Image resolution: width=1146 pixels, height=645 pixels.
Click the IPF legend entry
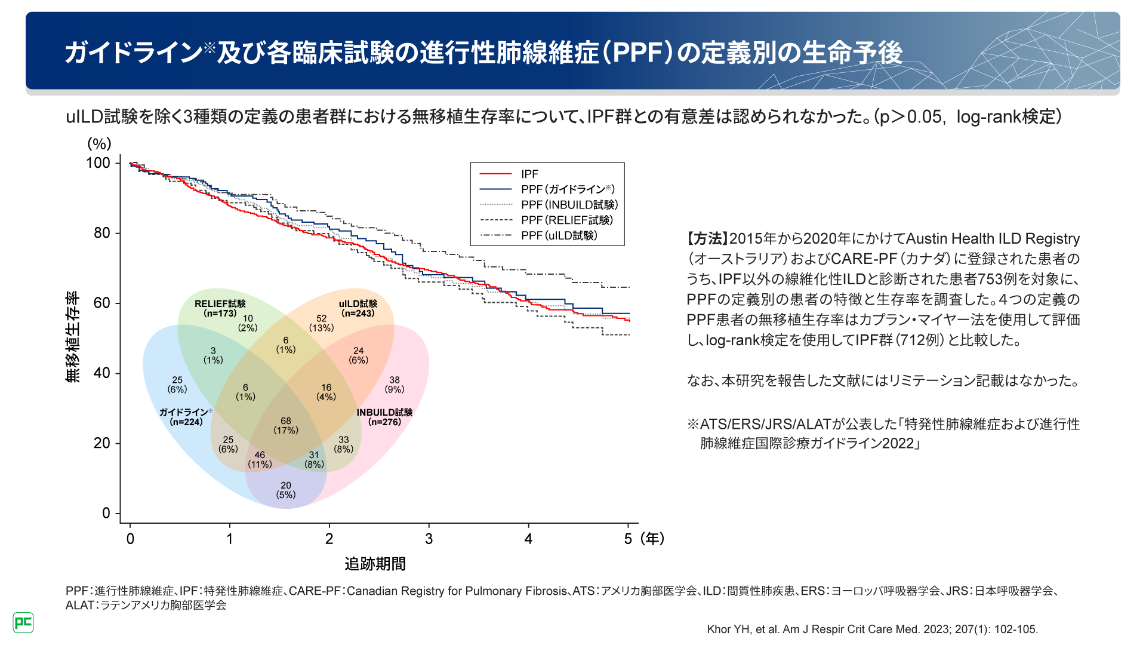pyautogui.click(x=529, y=174)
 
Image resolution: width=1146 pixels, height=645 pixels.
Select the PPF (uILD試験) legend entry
pyautogui.click(x=559, y=236)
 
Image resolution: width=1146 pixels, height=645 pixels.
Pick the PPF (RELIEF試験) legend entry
pyautogui.click(x=566, y=220)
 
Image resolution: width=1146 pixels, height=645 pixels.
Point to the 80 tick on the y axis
pyautogui.click(x=102, y=233)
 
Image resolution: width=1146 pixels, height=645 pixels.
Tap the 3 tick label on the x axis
pyautogui.click(x=429, y=539)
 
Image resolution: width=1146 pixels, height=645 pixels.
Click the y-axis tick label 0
pyautogui.click(x=106, y=513)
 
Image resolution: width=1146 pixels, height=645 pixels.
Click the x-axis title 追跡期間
pyautogui.click(x=375, y=564)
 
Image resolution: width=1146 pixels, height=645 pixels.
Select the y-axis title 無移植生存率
pyautogui.click(x=72, y=337)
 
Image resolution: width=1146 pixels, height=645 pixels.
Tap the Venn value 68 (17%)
pyautogui.click(x=286, y=425)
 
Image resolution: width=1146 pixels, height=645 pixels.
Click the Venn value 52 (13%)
pyautogui.click(x=321, y=323)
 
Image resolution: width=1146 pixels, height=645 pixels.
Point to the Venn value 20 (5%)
pyautogui.click(x=286, y=490)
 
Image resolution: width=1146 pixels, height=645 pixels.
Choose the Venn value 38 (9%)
pyautogui.click(x=395, y=384)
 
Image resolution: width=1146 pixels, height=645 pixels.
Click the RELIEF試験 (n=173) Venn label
pyautogui.click(x=220, y=308)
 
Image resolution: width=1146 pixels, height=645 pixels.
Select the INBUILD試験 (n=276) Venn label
pyautogui.click(x=384, y=417)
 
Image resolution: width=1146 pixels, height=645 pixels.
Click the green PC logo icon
pyautogui.click(x=23, y=622)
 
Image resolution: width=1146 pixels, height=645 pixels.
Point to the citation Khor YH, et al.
pyautogui.click(x=872, y=629)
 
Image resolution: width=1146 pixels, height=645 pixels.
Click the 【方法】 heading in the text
pyautogui.click(x=707, y=239)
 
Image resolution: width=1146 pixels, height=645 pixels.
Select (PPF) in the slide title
pyautogui.click(x=636, y=53)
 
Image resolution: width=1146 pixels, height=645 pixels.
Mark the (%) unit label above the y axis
pyautogui.click(x=99, y=144)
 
